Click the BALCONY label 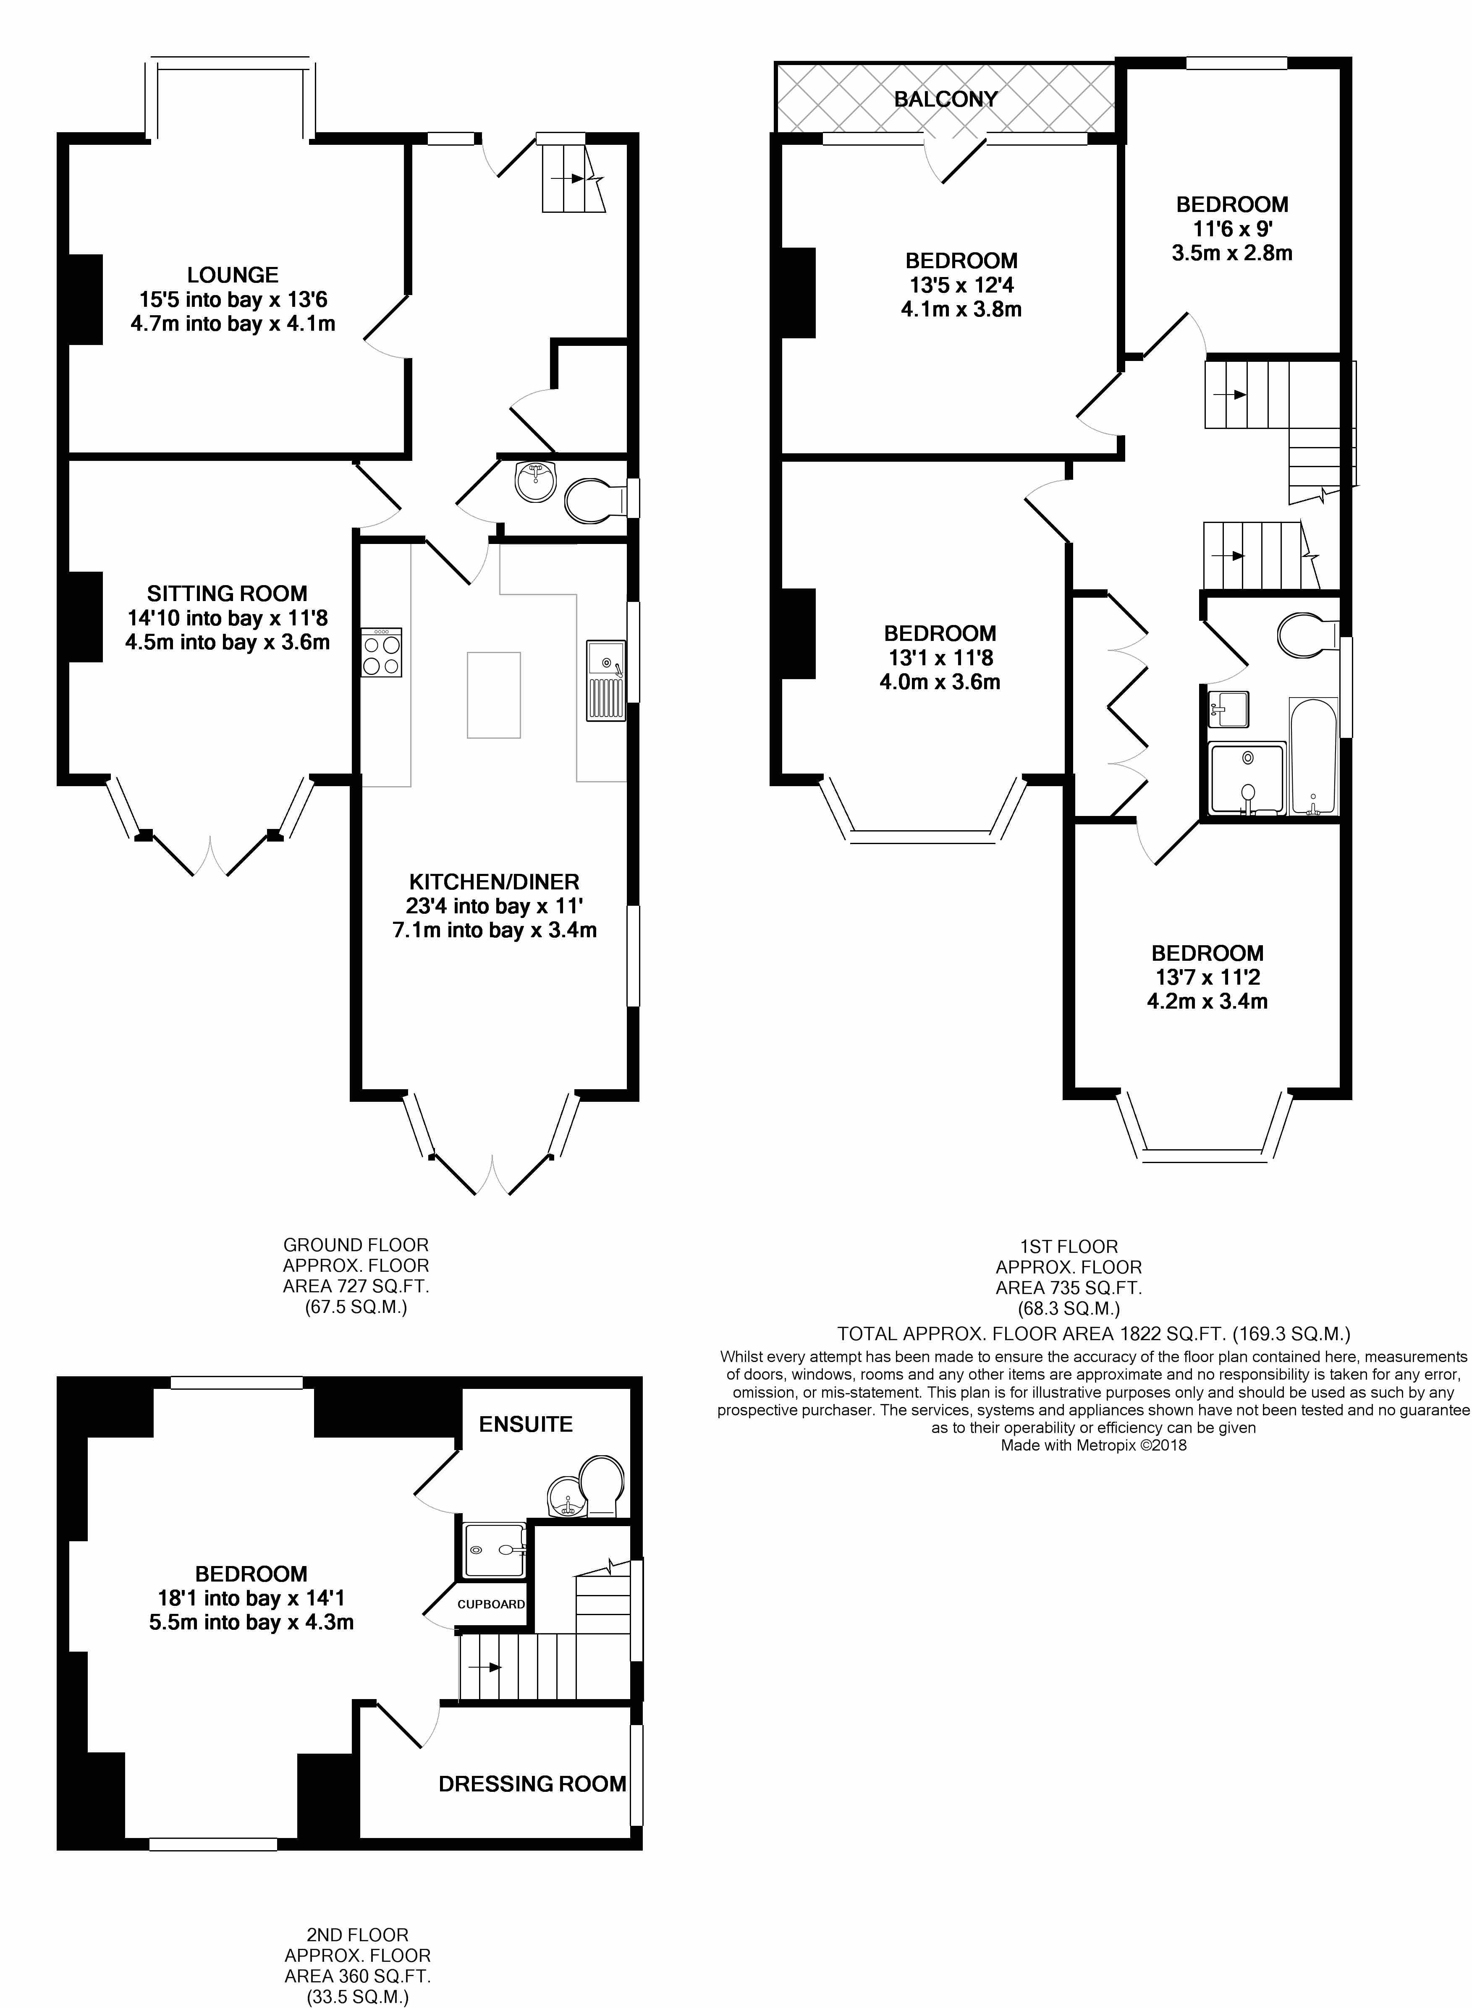coord(946,99)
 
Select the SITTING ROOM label coord(227,594)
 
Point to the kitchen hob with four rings coord(381,653)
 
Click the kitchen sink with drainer coord(606,680)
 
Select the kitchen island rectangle coord(494,695)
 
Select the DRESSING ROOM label coord(532,1783)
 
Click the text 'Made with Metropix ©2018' coord(1093,1445)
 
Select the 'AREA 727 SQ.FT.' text coord(356,1286)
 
